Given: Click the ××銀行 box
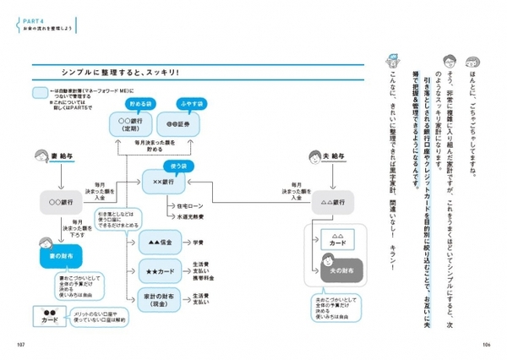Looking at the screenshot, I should (162, 183).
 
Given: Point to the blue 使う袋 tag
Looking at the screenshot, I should (172, 166).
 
